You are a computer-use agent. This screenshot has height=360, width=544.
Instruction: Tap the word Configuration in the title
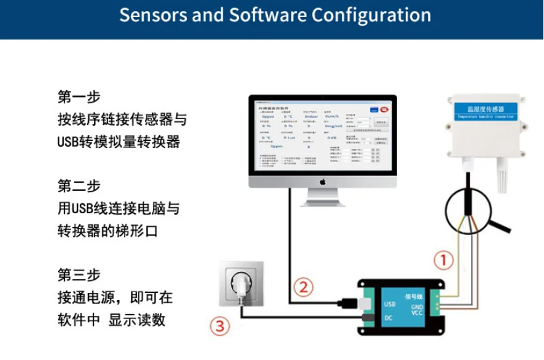[x=371, y=15]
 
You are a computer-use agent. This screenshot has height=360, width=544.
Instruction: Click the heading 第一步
[x=79, y=97]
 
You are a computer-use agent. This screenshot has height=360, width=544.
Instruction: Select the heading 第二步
[x=79, y=186]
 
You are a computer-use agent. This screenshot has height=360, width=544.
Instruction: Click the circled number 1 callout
[x=445, y=260]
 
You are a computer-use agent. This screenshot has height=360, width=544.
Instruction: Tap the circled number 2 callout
[x=302, y=288]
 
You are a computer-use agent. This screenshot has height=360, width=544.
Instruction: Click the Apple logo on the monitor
[x=323, y=180]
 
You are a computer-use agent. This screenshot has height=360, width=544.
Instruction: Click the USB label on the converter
[x=389, y=304]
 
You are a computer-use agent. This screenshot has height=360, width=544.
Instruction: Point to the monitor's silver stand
[x=323, y=198]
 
